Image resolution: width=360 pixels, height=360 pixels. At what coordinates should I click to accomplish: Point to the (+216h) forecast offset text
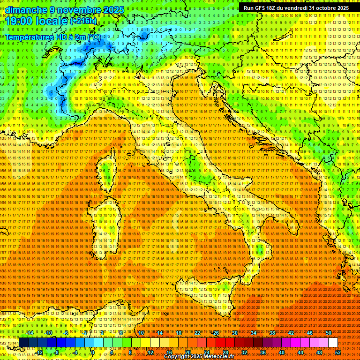click(x=83, y=21)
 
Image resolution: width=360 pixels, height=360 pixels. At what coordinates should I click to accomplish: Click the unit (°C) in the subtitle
click(x=94, y=37)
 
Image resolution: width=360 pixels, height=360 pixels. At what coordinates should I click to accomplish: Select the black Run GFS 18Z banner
click(x=296, y=8)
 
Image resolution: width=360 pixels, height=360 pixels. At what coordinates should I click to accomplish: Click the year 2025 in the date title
click(x=113, y=10)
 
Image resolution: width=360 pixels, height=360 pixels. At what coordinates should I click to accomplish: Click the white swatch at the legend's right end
click(x=333, y=343)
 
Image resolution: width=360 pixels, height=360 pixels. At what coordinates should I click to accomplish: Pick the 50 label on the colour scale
click(x=328, y=333)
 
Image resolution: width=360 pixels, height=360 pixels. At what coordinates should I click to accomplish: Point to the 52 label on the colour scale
click(x=337, y=352)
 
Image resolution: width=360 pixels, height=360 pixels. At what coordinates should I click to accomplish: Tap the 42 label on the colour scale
click(x=291, y=333)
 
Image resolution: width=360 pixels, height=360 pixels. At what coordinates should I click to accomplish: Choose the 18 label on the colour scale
click(x=179, y=333)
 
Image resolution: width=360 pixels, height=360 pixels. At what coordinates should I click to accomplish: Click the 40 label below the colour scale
click(x=281, y=352)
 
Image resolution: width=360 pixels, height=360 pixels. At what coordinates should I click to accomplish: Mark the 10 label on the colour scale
click(x=141, y=333)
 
